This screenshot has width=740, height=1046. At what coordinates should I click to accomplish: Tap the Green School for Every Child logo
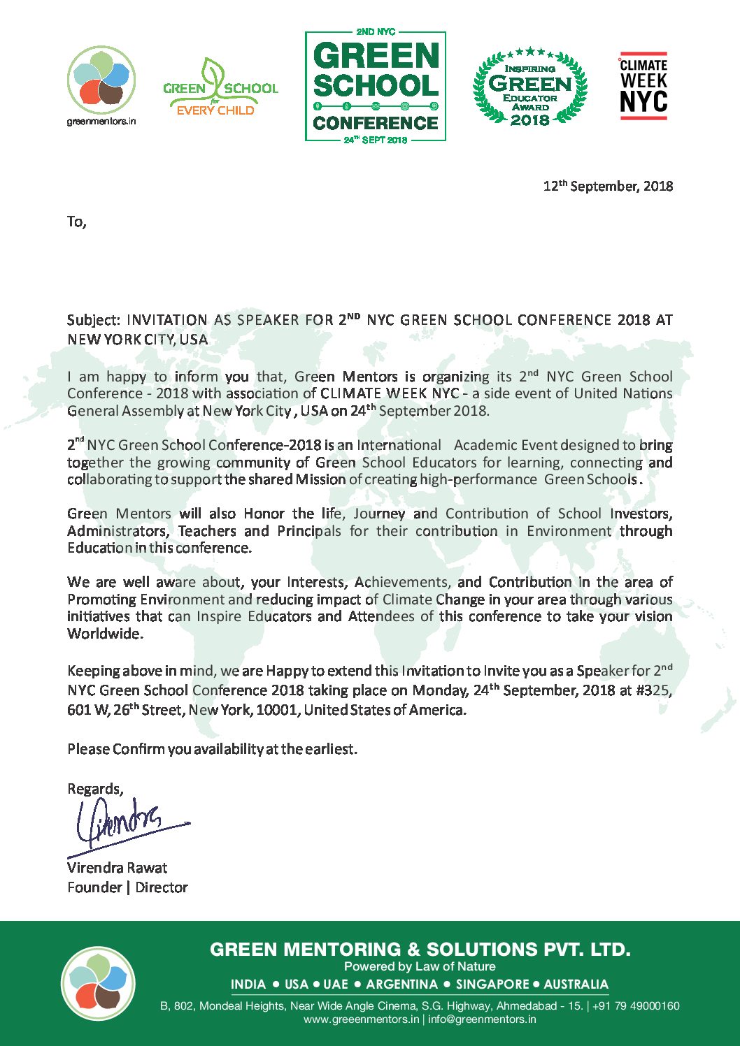pos(220,88)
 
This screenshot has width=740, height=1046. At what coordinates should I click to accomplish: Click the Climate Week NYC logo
pos(643,85)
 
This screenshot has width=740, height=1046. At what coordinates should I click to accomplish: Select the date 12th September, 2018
pos(608,186)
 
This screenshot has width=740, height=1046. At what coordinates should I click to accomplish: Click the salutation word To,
pos(76,222)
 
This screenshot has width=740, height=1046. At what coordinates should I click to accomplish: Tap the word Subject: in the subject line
pos(94,321)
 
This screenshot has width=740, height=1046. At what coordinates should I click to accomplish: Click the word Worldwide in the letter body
pos(104,634)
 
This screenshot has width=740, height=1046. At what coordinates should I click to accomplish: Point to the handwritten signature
pos(126,825)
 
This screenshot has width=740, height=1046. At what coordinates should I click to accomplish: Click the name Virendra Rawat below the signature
pos(117,868)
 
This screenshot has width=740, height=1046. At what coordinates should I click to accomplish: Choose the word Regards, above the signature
pos(95,789)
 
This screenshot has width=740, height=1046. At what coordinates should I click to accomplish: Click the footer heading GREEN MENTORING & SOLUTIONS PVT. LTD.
pos(420,949)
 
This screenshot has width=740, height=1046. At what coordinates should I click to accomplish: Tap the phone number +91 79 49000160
pos(636,1006)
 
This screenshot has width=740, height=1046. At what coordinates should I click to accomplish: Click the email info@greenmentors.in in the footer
pos(482,1019)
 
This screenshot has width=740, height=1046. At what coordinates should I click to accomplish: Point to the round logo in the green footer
pos(98,983)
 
